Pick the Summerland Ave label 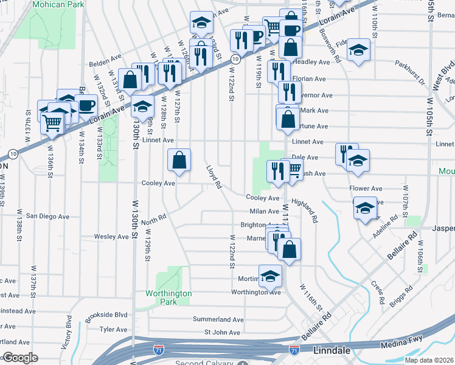point(218,319)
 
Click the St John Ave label point(223,332)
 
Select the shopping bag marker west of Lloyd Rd point(179,161)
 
